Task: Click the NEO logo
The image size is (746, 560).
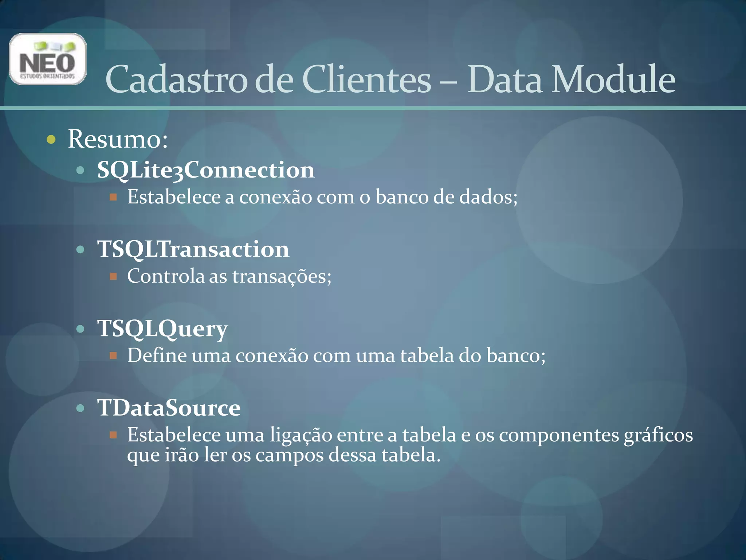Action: coord(47,59)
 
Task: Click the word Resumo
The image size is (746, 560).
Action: coord(117,139)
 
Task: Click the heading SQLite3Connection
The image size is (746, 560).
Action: coord(206,170)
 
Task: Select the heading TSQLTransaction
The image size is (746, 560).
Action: coord(193,249)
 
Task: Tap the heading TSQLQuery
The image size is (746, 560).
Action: coord(162,329)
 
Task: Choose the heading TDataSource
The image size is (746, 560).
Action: coord(169,408)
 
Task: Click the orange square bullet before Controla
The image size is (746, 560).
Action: coord(113,276)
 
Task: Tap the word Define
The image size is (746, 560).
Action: coord(157,355)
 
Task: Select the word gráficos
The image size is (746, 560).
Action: coord(658,435)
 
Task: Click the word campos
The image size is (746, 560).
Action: coord(289,455)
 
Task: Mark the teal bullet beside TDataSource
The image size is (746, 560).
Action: coord(81,408)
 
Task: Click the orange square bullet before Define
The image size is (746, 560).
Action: coord(113,355)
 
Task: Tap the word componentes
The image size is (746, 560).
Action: coord(559,435)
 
